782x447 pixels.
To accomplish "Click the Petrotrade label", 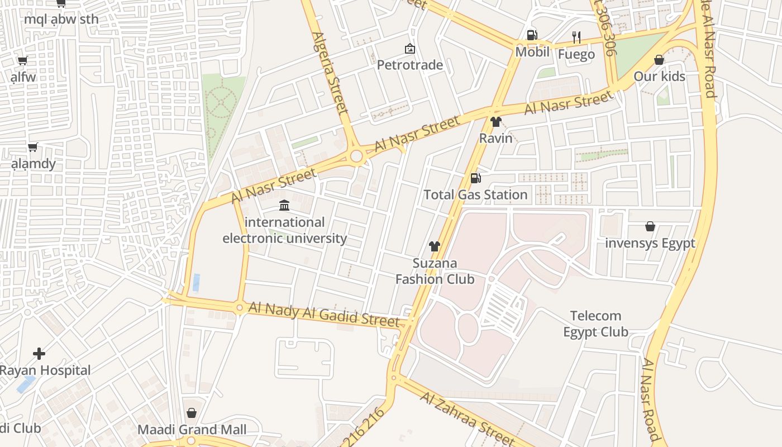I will (x=409, y=65).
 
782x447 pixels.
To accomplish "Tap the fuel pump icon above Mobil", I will (x=532, y=35).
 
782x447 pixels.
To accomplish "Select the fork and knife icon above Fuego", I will (x=576, y=37).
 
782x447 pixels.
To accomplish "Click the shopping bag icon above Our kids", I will (x=659, y=60).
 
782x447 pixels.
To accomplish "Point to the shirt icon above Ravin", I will (x=495, y=121).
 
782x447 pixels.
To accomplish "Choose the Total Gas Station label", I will (x=475, y=194).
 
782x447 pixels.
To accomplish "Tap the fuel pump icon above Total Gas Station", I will (x=475, y=178).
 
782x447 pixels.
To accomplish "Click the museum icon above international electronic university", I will (x=284, y=206).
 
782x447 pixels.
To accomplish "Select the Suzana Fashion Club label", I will (x=435, y=271).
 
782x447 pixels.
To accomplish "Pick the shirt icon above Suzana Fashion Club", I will (x=435, y=246).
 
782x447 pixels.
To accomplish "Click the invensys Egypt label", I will (x=650, y=243).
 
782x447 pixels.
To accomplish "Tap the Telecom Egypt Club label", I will (x=595, y=324).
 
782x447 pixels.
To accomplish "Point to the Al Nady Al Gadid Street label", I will (x=324, y=314).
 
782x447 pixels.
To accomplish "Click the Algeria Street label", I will (x=331, y=73).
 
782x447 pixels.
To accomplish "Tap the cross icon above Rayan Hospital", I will (x=39, y=354).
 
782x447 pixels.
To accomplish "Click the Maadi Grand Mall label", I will (x=192, y=430).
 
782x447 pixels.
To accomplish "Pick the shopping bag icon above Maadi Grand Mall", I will (x=192, y=413).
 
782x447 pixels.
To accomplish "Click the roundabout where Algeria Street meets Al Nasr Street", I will (x=357, y=156).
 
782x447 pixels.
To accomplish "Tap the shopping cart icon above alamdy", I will (x=33, y=148).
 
